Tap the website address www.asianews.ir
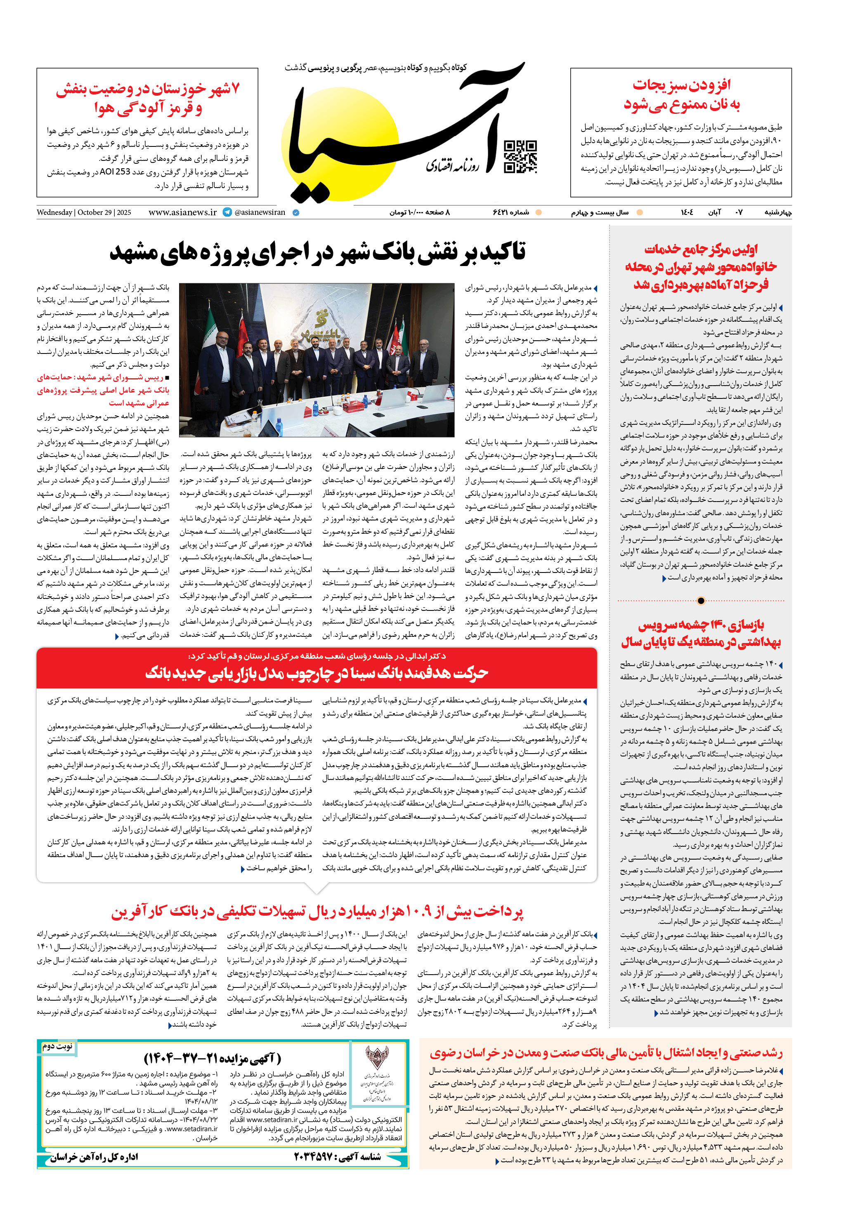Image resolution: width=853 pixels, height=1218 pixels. tap(182, 212)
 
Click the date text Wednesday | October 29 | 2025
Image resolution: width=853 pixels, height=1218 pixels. tap(84, 212)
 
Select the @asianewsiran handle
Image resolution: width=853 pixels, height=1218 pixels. tap(260, 212)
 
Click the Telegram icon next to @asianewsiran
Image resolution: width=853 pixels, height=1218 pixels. tap(227, 212)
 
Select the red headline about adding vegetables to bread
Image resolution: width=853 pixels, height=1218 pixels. tap(682, 94)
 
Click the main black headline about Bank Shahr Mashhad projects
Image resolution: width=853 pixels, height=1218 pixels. tap(317, 252)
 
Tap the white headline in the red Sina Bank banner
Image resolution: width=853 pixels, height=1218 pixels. tap(317, 673)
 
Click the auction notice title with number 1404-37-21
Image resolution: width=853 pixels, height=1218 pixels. tap(212, 1059)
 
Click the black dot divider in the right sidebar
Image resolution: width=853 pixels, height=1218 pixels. tap(701, 601)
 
